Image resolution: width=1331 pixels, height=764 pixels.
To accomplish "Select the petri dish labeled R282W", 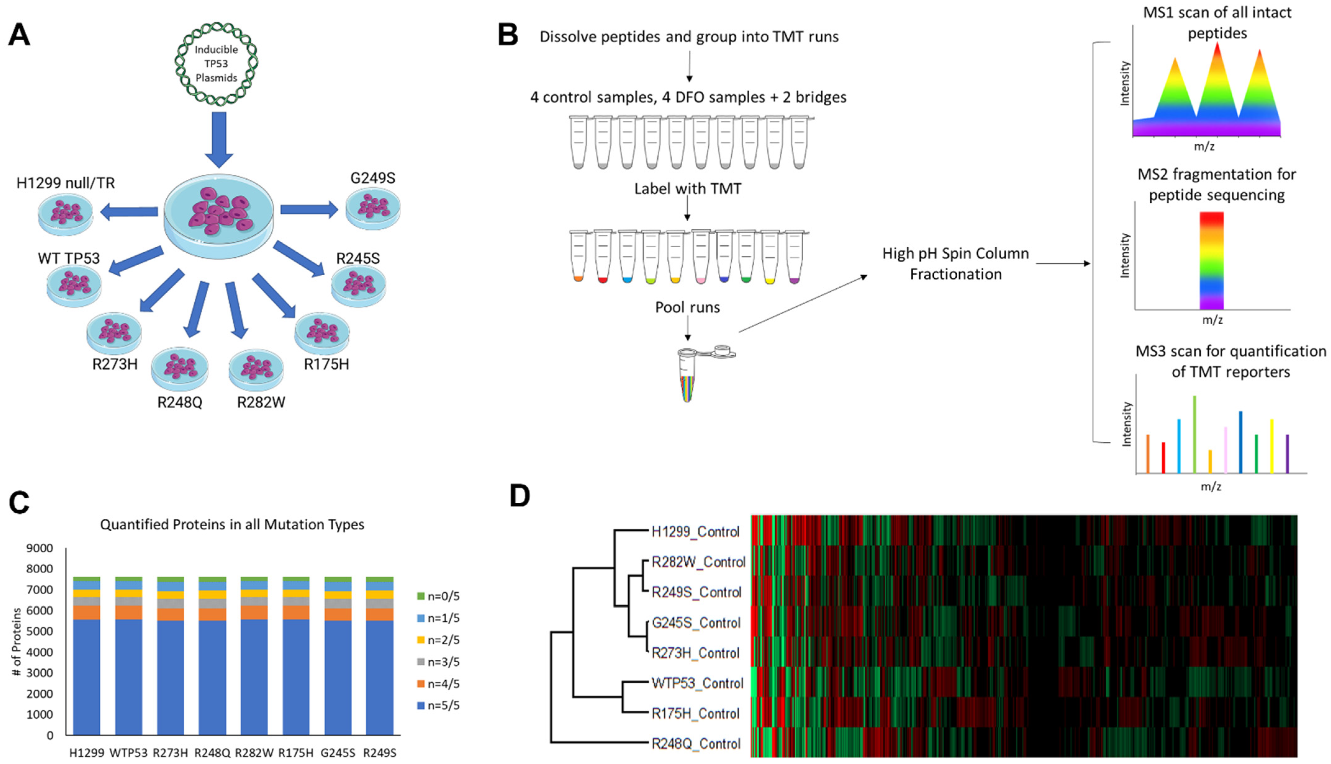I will click(x=256, y=369).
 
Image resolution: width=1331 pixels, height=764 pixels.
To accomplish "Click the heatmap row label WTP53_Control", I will click(x=697, y=683).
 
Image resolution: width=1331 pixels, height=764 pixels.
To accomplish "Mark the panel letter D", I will click(x=520, y=496).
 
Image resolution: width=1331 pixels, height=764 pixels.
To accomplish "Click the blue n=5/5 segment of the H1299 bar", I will click(x=87, y=677).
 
